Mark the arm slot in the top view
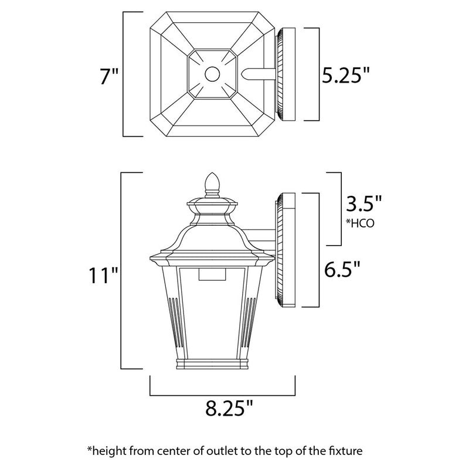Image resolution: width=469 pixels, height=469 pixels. (x=258, y=74)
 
